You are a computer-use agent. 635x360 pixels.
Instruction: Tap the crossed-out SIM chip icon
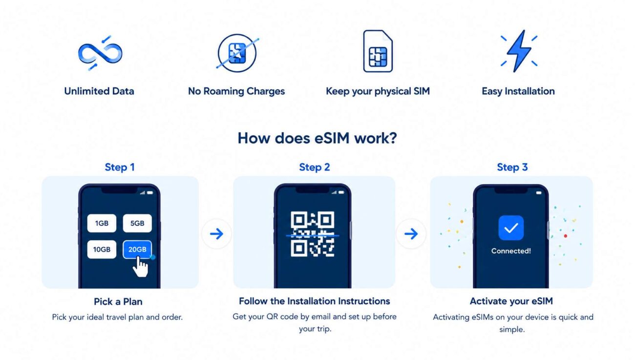(237, 53)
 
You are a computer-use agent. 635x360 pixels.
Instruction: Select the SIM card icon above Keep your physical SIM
(378, 51)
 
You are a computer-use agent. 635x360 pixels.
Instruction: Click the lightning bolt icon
(519, 51)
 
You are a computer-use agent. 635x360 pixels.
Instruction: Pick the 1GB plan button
(102, 223)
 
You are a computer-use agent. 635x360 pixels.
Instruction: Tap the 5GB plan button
(137, 223)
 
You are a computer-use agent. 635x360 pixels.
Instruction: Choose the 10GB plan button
(102, 250)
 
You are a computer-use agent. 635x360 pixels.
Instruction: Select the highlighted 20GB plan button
(137, 250)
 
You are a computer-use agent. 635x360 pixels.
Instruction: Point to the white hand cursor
(141, 267)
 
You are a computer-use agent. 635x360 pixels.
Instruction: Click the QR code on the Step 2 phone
(313, 234)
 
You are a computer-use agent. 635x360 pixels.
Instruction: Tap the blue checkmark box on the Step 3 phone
(511, 228)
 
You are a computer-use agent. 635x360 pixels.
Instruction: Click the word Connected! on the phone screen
(511, 251)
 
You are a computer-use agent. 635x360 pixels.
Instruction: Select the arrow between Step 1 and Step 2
(217, 234)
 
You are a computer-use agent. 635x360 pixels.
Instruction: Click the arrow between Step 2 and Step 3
(411, 234)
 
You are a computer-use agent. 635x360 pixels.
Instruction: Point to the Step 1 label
(120, 167)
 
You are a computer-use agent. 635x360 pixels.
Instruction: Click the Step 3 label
(512, 167)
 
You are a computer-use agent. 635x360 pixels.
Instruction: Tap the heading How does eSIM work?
(317, 138)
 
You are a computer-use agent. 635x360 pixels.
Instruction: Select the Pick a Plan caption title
(118, 301)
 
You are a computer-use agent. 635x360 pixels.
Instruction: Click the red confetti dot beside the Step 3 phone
(566, 236)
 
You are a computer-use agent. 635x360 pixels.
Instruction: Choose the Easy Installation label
(518, 91)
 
